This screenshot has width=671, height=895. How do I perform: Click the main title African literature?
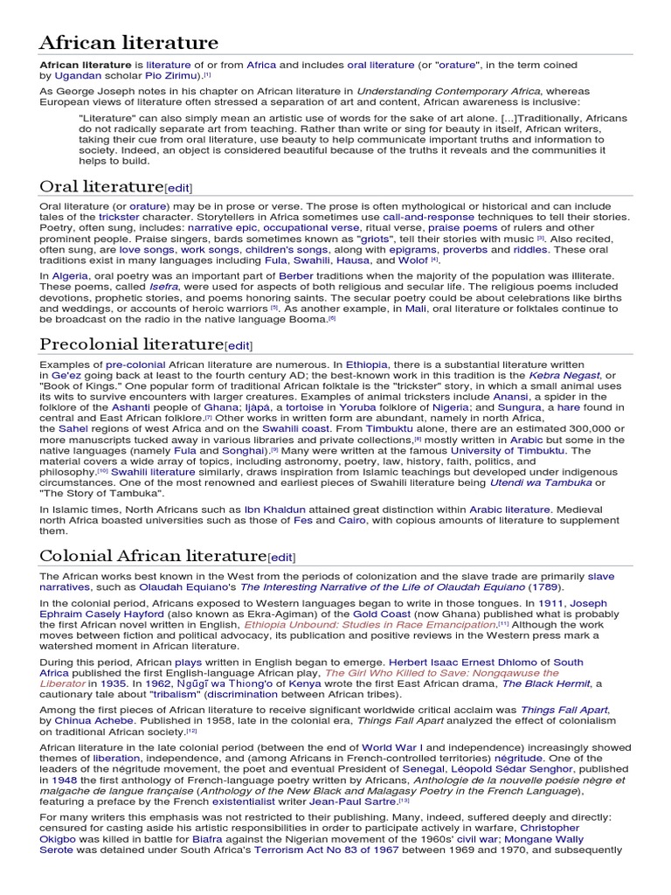point(128,42)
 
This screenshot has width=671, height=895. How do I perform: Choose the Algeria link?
point(70,275)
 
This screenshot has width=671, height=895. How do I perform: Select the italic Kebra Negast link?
point(564,375)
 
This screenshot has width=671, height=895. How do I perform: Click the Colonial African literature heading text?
point(152,556)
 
